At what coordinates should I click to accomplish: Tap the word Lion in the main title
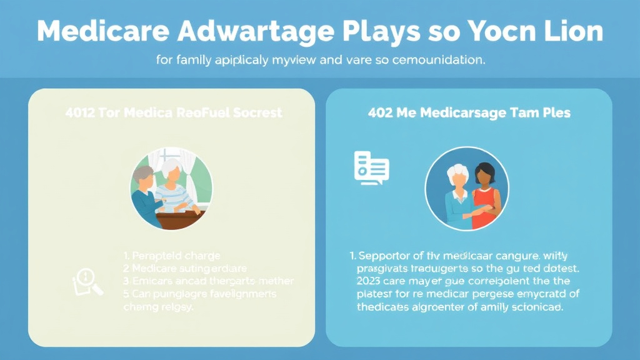click(574, 31)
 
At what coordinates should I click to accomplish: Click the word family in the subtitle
click(192, 61)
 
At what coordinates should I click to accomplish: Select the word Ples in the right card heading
click(552, 113)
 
